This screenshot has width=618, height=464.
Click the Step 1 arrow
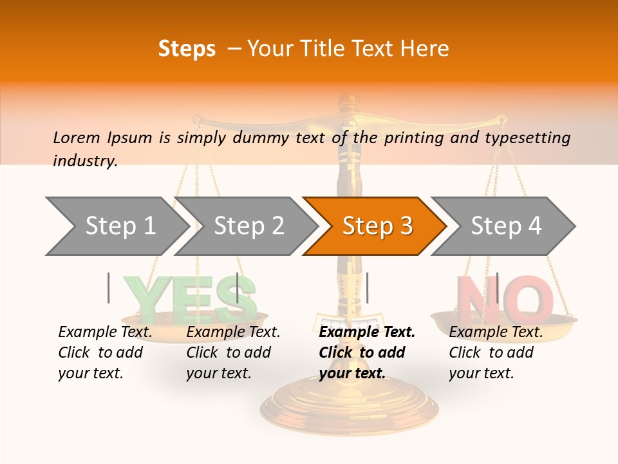coord(116,226)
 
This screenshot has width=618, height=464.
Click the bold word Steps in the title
coord(187,48)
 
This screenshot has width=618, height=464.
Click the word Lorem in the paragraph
coord(77,137)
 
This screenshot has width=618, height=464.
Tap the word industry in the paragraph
coord(84,161)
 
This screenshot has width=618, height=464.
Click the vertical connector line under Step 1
coord(109,287)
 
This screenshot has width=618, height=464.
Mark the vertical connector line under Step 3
coord(367,287)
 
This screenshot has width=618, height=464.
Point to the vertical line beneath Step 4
coord(497,287)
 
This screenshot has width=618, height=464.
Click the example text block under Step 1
coord(105,353)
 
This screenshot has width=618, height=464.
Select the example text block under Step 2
coord(233,353)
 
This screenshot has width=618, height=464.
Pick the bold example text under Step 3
coord(367,353)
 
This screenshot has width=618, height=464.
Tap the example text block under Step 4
coord(496,353)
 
